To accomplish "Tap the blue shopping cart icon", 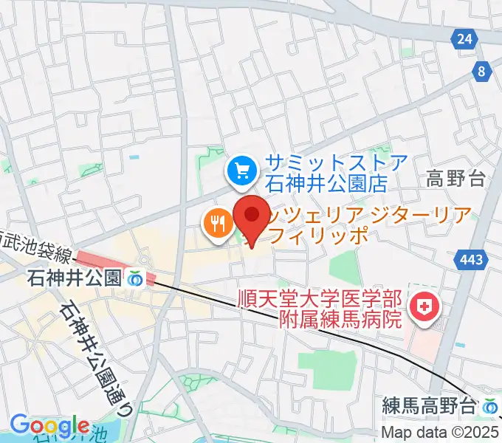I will point(241,172).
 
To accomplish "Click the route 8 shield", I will point(483,71).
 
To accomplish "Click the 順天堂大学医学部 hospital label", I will point(320,300).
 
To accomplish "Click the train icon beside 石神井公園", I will point(135,279).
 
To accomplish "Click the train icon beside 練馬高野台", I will point(489,405).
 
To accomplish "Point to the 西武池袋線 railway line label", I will point(37,247).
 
